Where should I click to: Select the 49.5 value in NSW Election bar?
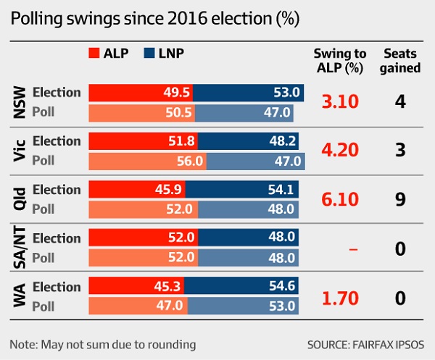tap(175, 93)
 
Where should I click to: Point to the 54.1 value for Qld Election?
tap(279, 190)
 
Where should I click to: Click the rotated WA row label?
tap(20, 296)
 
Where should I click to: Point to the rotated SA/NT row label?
tap(20, 248)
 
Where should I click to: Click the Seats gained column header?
tap(402, 61)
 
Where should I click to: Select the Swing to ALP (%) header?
tap(339, 61)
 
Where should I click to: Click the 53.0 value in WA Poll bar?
tap(279, 306)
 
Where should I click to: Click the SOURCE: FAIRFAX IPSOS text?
tap(365, 343)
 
